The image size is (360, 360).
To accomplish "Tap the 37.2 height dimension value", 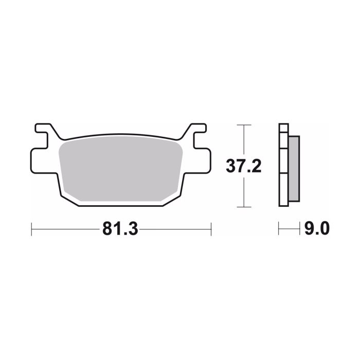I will point(244,166).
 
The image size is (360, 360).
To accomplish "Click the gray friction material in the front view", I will point(121,169).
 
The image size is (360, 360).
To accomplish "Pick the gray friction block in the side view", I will point(293,169).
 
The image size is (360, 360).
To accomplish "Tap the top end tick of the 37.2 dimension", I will point(244,124).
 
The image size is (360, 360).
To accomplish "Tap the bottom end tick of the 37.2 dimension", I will point(244,207).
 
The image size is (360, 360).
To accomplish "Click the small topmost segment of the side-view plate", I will point(283,129).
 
